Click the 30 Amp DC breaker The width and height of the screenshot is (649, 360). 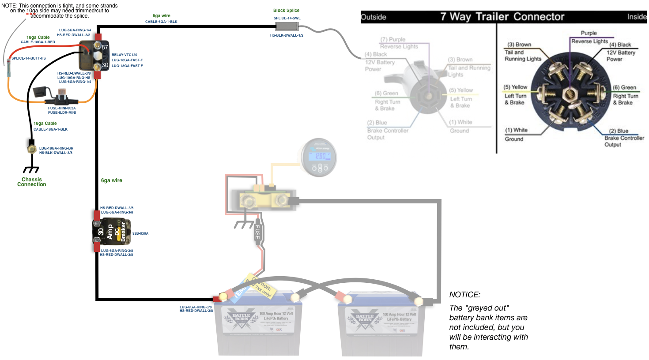click(x=112, y=232)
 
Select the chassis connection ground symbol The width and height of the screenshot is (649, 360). click(x=31, y=169)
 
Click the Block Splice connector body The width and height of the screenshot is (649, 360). click(x=287, y=27)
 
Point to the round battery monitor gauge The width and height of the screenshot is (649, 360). click(x=319, y=157)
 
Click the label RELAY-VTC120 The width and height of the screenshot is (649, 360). click(x=125, y=55)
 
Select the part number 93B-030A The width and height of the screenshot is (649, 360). click(x=140, y=233)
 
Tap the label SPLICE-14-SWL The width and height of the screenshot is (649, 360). click(x=287, y=19)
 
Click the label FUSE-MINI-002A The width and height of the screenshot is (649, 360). click(x=62, y=108)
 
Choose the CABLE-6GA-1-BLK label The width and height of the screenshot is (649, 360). click(x=161, y=22)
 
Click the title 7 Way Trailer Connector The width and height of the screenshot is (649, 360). click(x=502, y=17)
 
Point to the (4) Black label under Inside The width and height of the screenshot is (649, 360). click(x=620, y=45)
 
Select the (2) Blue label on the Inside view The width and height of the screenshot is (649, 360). click(x=619, y=131)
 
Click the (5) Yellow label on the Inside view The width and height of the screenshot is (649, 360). click(x=515, y=87)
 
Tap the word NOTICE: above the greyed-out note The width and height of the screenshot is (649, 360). click(x=464, y=295)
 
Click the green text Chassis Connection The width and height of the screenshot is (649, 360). click(x=32, y=182)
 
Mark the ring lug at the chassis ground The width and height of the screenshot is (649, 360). click(x=32, y=149)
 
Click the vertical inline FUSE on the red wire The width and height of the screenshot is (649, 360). click(x=257, y=232)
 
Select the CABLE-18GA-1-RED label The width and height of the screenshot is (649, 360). click(x=38, y=42)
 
